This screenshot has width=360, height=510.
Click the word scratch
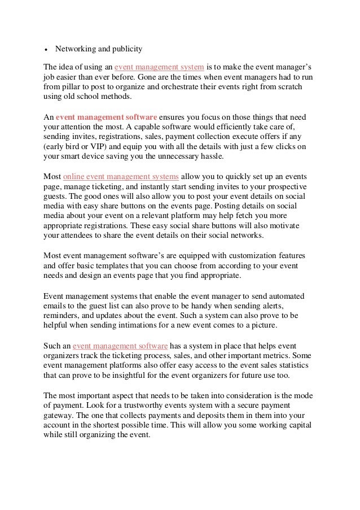pos(288,86)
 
